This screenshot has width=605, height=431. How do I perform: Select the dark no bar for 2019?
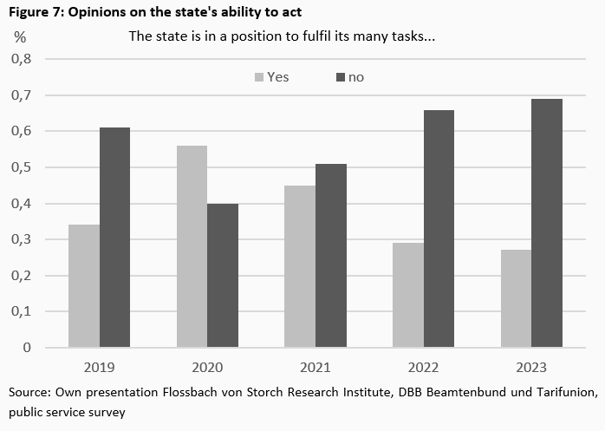tap(114, 238)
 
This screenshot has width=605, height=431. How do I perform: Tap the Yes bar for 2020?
tap(192, 246)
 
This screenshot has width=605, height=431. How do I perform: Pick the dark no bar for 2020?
tap(222, 276)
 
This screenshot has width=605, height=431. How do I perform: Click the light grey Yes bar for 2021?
tap(301, 266)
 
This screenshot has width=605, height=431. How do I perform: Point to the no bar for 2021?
tap(330, 256)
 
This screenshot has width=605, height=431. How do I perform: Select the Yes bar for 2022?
tap(407, 295)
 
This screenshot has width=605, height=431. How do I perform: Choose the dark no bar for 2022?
tap(439, 229)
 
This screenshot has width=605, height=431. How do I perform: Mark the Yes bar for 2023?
tap(517, 298)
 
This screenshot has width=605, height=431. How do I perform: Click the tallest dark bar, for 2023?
tap(546, 223)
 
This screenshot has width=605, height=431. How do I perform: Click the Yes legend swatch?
tap(257, 77)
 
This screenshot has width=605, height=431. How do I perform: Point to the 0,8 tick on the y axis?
tap(19, 59)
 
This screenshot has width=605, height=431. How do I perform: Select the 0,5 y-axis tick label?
tap(19, 167)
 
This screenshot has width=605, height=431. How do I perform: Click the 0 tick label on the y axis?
tap(26, 348)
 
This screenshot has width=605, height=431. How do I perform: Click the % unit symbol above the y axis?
tap(20, 37)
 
